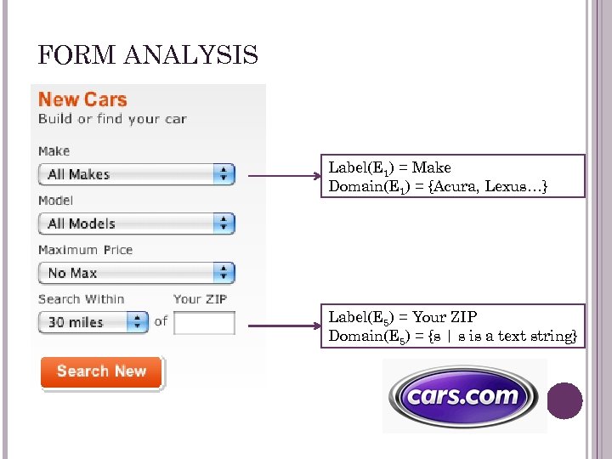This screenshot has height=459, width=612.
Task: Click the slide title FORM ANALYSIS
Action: point(148,56)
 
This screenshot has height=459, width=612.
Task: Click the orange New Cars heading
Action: point(82,99)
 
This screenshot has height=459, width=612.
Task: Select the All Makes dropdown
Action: point(136,174)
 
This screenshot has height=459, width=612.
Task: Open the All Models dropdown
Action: point(136,224)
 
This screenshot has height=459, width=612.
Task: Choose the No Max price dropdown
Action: point(136,273)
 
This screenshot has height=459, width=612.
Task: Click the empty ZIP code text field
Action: point(204,323)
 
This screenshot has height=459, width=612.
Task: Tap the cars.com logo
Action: point(463,396)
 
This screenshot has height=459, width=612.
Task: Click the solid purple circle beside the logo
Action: point(564,400)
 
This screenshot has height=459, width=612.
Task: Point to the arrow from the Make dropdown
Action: point(282,177)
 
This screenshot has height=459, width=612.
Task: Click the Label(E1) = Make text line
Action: point(390,167)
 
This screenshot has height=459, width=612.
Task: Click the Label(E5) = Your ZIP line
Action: point(403,317)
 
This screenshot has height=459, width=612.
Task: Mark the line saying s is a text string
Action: point(453,336)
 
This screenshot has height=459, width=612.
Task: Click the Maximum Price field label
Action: point(85,250)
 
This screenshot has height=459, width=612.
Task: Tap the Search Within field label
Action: point(81,299)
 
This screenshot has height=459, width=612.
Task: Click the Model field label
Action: point(55,201)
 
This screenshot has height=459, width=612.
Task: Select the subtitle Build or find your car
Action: point(112,119)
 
